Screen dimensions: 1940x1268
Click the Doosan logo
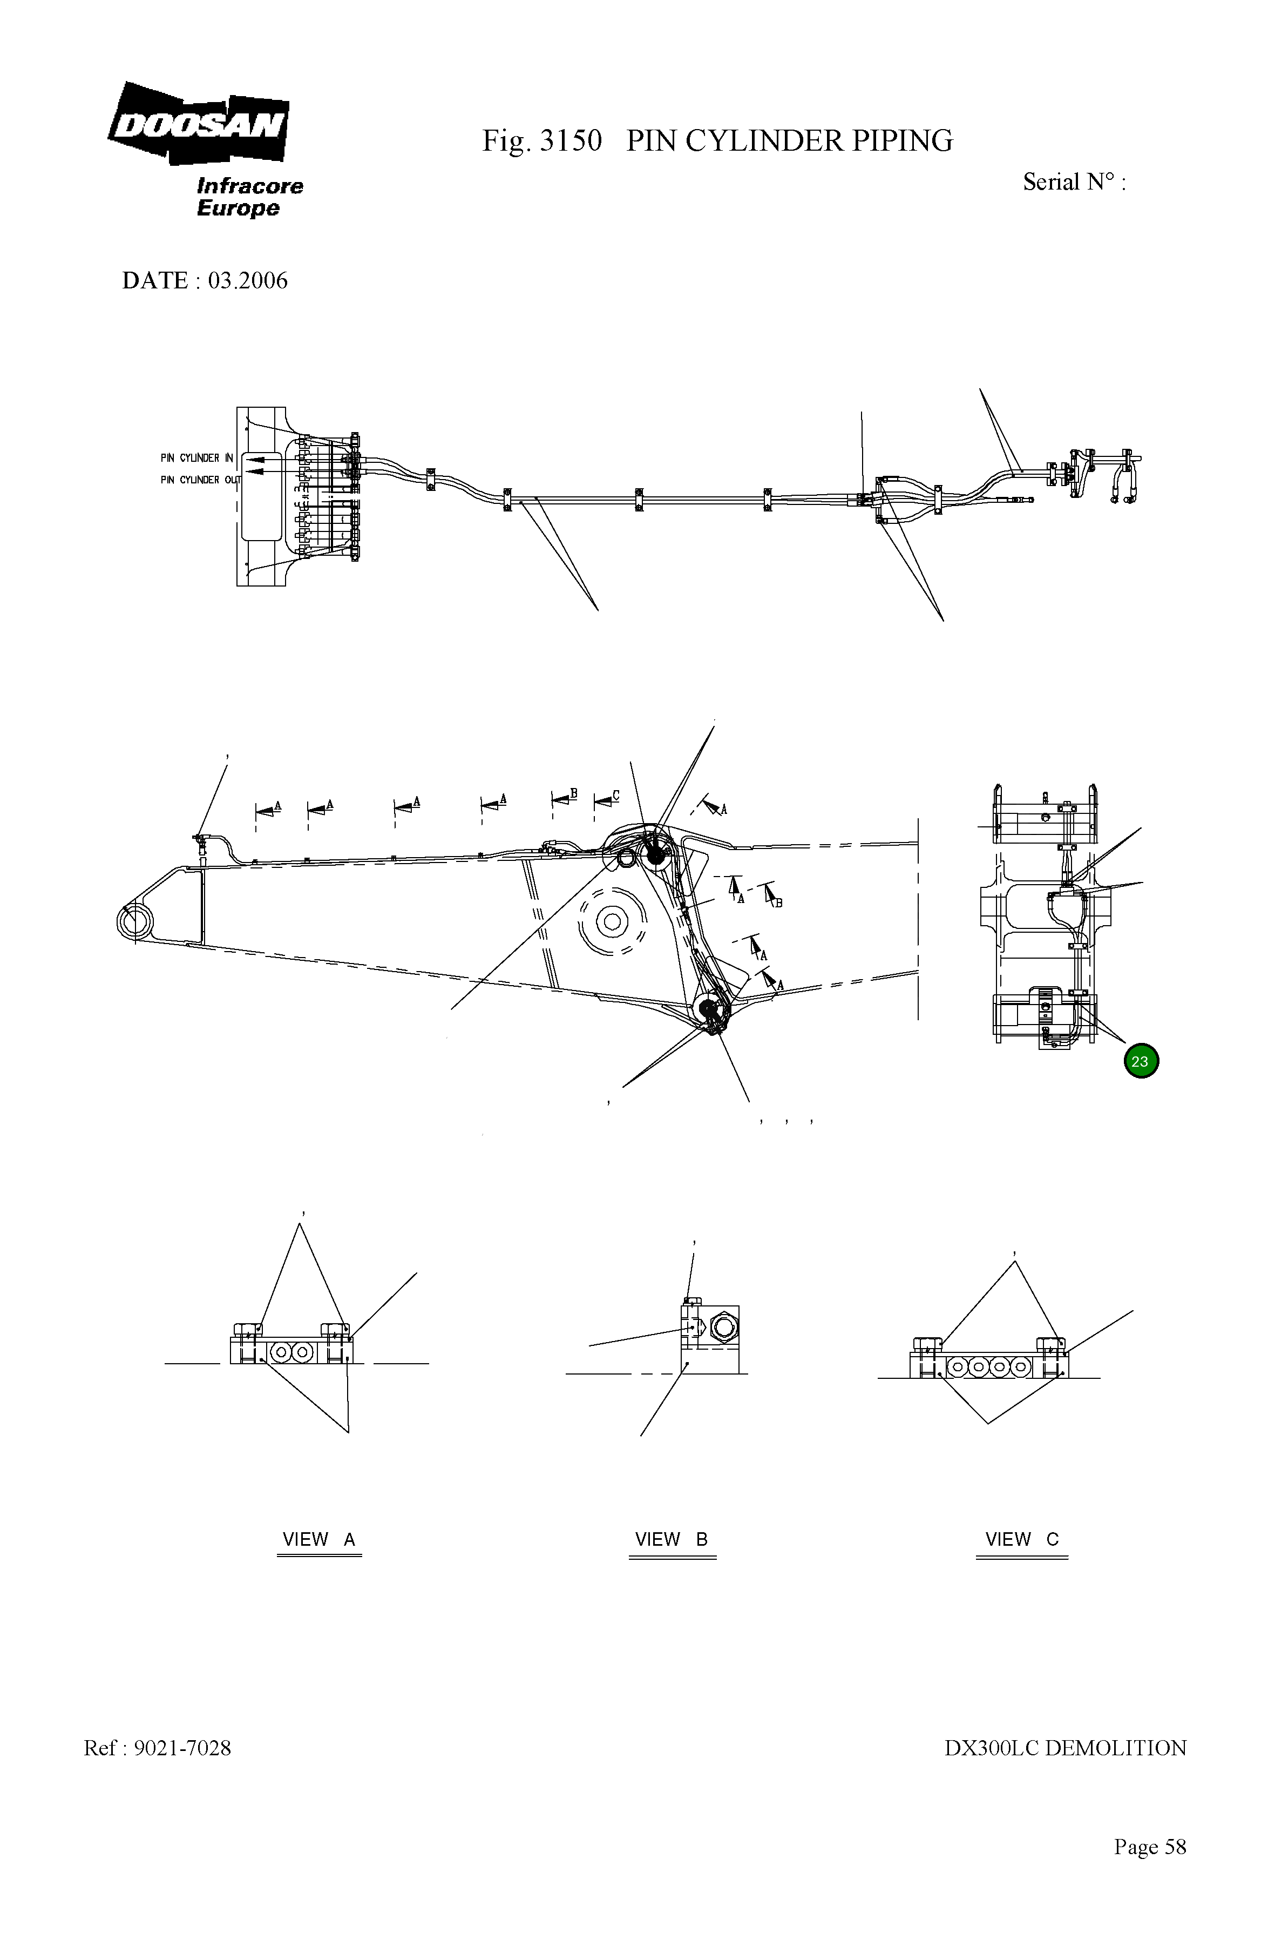pyautogui.click(x=198, y=124)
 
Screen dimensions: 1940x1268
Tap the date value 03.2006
pyautogui.click(x=248, y=280)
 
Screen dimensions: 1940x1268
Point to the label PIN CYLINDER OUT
pyautogui.click(x=200, y=480)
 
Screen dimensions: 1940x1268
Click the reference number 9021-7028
pyautogui.click(x=182, y=1748)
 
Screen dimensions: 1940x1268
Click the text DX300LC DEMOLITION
pyautogui.click(x=1065, y=1748)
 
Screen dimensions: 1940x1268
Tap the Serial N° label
pyautogui.click(x=1073, y=182)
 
